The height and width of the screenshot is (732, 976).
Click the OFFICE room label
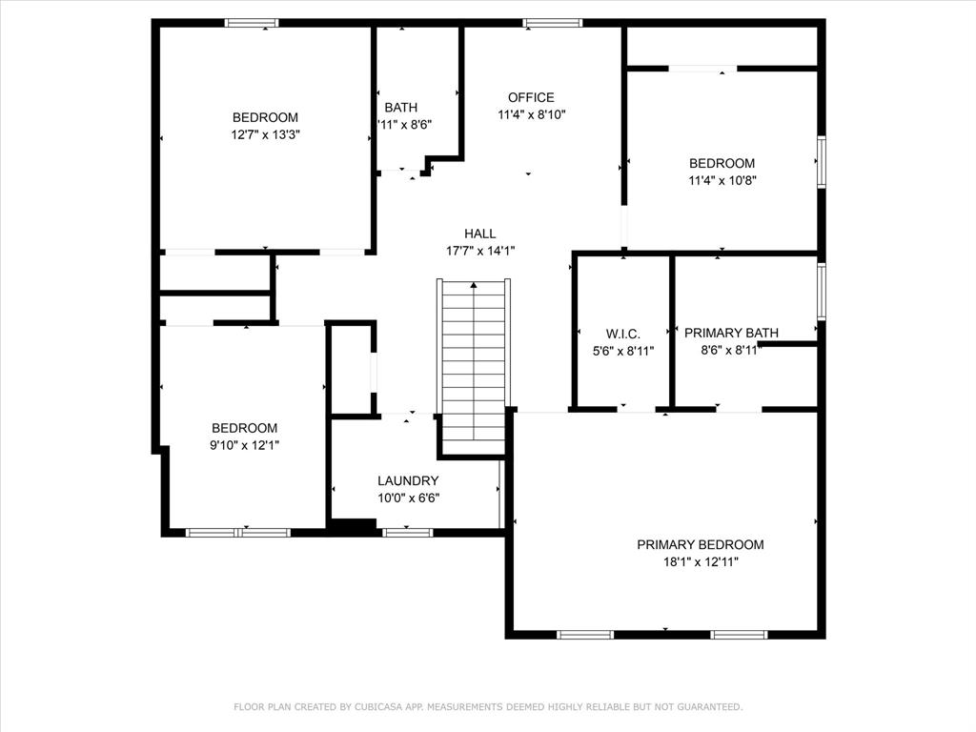(x=531, y=97)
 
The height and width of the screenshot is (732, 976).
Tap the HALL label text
(x=479, y=234)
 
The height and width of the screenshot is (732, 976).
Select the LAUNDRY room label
(x=408, y=480)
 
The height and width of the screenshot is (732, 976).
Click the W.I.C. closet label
(x=622, y=334)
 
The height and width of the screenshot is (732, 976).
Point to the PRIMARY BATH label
(x=731, y=333)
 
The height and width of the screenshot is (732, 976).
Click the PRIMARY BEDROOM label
(x=701, y=544)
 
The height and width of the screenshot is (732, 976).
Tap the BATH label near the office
(x=400, y=108)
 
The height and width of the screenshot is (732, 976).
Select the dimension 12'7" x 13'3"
(x=265, y=135)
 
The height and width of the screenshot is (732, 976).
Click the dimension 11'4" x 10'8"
(x=722, y=180)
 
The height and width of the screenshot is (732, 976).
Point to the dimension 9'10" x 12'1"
(x=244, y=445)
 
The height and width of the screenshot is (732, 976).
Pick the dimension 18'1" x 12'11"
(x=701, y=562)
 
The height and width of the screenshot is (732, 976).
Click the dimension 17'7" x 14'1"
(x=479, y=252)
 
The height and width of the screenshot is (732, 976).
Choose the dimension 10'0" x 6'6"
(x=408, y=498)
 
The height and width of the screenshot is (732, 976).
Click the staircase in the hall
(x=474, y=362)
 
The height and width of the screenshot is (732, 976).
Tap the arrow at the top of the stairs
(x=474, y=284)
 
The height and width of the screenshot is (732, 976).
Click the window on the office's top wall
(x=552, y=23)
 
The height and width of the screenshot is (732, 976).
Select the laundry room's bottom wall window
(x=407, y=532)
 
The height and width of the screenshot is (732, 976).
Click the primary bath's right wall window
(x=821, y=291)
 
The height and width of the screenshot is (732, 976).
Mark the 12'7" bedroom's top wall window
(x=252, y=23)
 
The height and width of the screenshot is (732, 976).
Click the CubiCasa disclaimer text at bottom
(x=488, y=706)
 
